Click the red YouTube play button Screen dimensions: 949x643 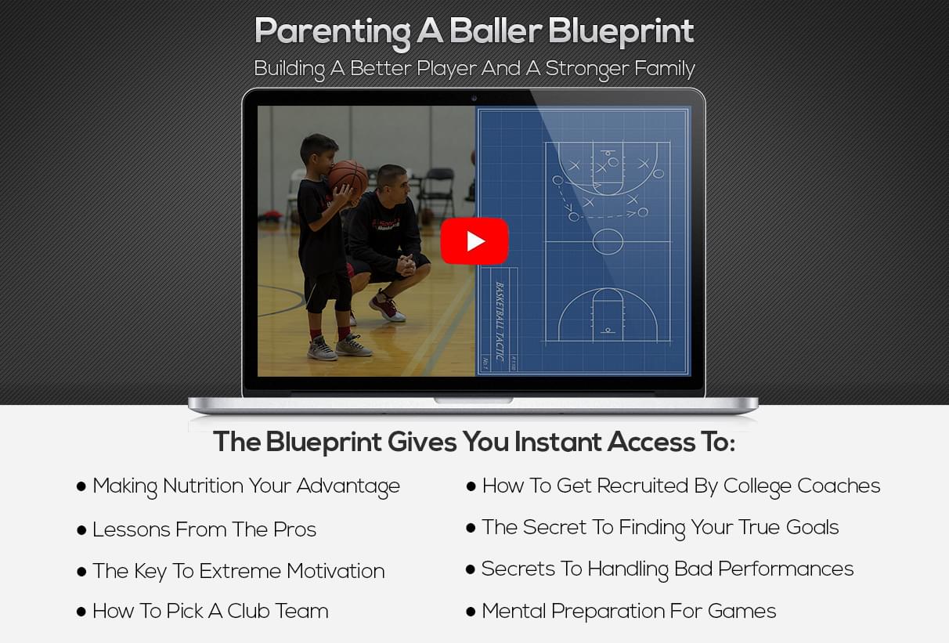[x=474, y=241]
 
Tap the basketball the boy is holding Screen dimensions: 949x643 [x=348, y=178]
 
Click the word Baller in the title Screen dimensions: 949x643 [x=496, y=31]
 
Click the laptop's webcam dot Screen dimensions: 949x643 [x=474, y=99]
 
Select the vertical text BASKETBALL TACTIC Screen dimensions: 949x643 [x=500, y=321]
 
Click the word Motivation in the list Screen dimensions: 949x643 [x=336, y=571]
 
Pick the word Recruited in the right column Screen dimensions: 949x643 [x=642, y=486]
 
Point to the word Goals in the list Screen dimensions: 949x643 [x=812, y=528]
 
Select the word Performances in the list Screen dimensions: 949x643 [x=785, y=569]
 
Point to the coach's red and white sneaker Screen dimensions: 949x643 [x=386, y=306]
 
